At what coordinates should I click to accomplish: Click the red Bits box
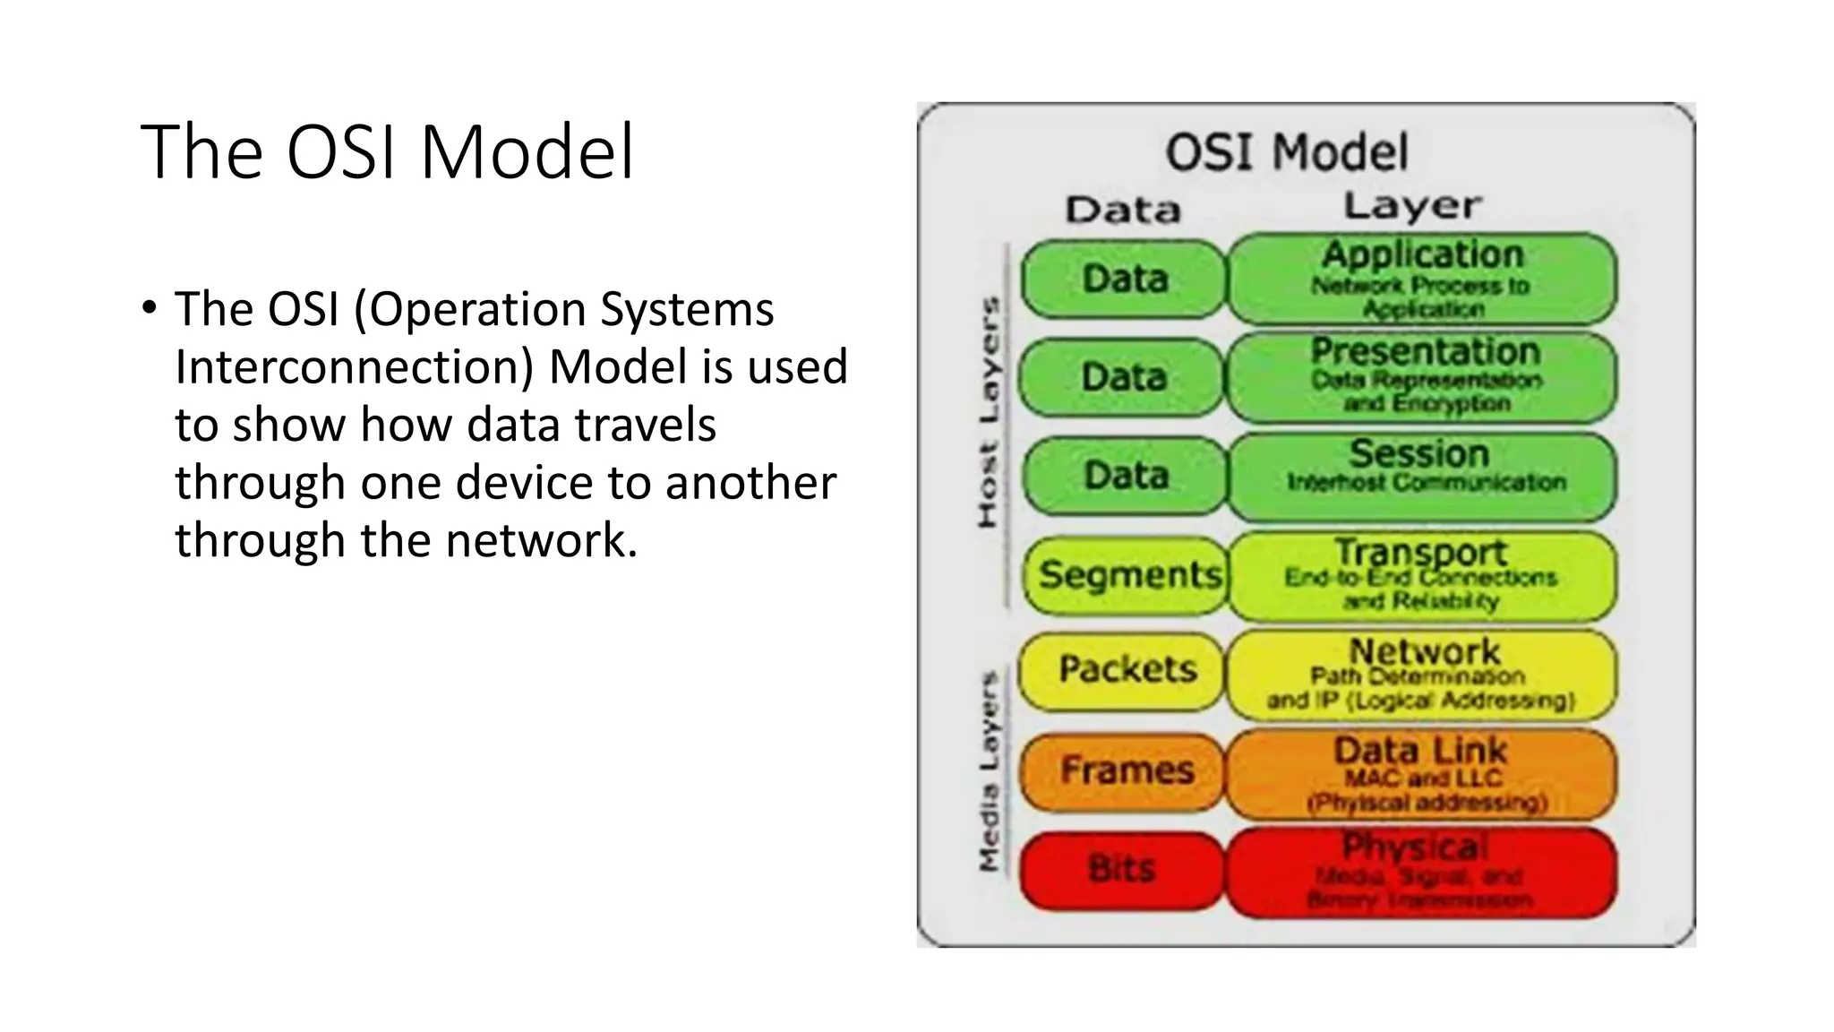[1121, 870]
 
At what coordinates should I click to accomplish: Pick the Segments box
[1127, 575]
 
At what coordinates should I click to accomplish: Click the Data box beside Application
[1125, 279]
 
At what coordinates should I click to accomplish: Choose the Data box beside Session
[1125, 476]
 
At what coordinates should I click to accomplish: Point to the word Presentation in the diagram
[1425, 351]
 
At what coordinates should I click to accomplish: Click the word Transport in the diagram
[1421, 551]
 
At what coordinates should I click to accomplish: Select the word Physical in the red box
[1415, 847]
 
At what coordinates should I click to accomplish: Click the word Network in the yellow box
[1424, 651]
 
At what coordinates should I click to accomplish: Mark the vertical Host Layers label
[988, 412]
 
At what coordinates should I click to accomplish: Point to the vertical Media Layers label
[988, 770]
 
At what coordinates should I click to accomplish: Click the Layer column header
[1412, 207]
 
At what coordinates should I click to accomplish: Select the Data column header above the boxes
[1123, 211]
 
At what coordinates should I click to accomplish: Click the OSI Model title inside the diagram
[1286, 152]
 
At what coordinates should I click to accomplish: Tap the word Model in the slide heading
[527, 152]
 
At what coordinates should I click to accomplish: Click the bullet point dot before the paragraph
[149, 308]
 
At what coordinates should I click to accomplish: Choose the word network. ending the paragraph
[541, 541]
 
